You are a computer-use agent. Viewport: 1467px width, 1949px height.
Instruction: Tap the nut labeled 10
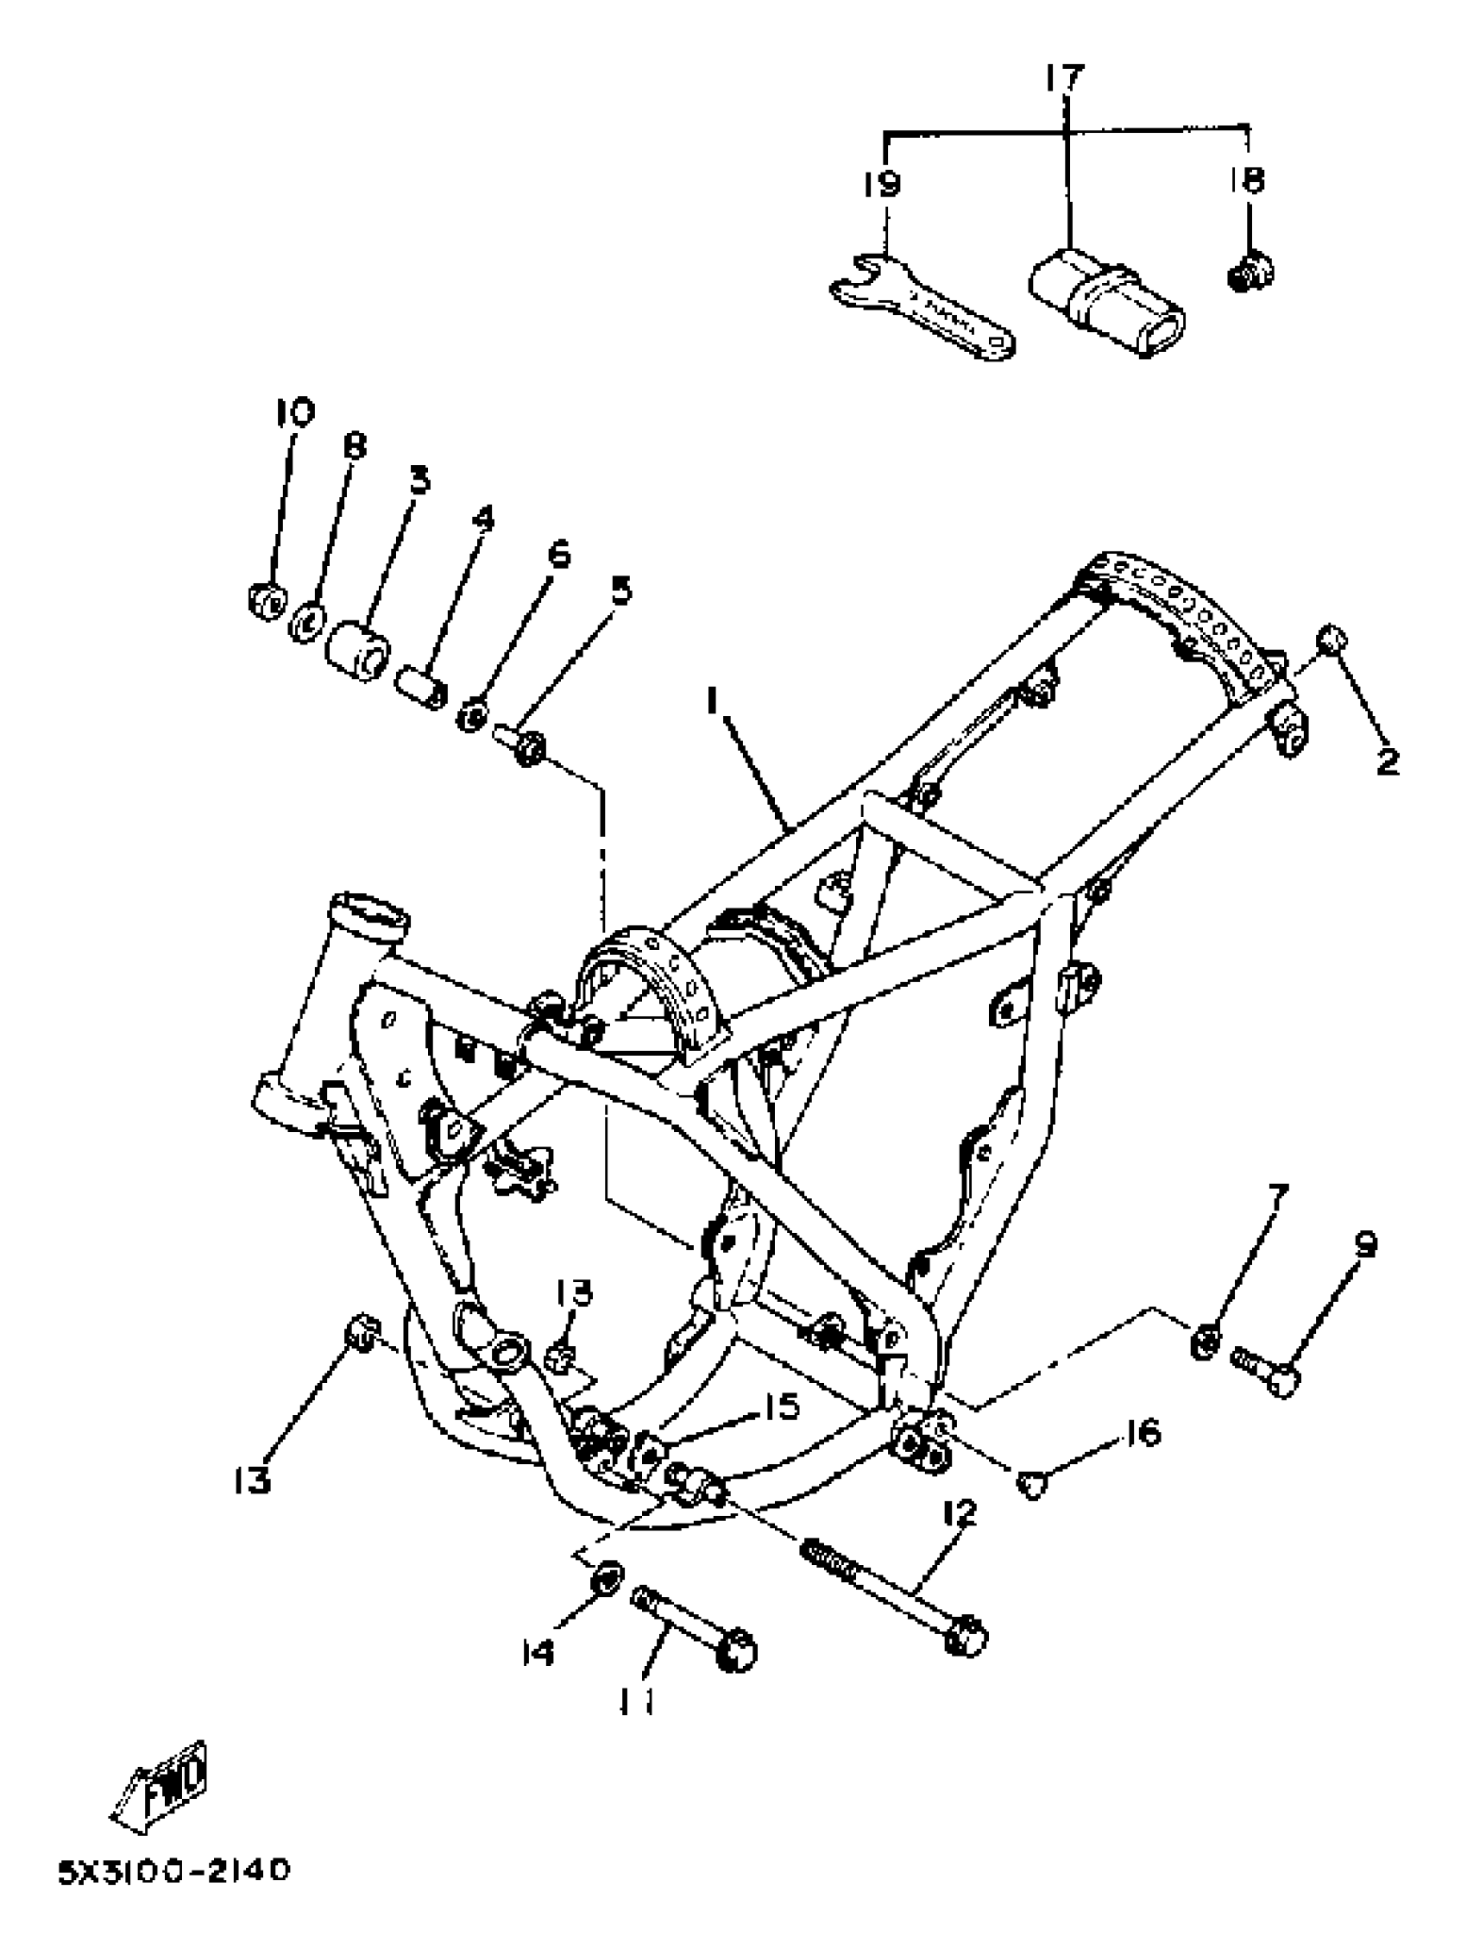pos(265,600)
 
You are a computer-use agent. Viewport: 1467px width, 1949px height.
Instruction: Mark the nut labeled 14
pos(605,1576)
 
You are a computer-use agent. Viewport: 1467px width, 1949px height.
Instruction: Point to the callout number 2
pos(1387,759)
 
